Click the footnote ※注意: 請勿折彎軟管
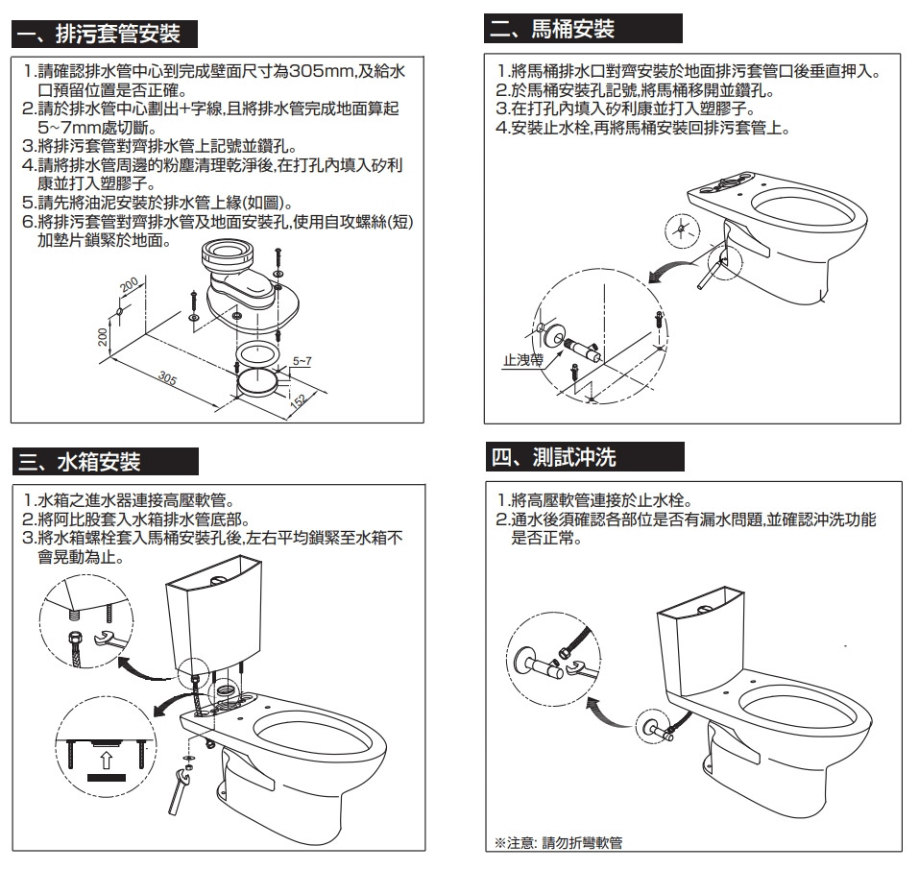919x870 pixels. [558, 842]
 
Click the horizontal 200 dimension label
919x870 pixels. [130, 286]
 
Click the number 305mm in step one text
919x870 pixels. [322, 72]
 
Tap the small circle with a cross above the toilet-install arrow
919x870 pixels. [680, 230]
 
